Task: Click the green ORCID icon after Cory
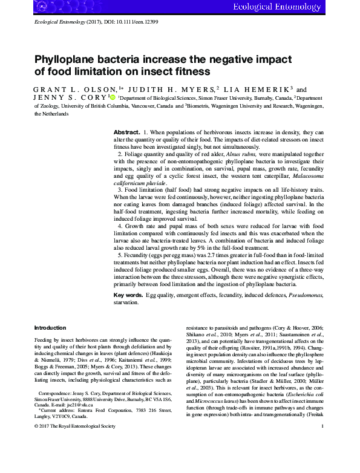112,96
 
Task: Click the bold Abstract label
127,132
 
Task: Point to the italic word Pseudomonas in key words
304,295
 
